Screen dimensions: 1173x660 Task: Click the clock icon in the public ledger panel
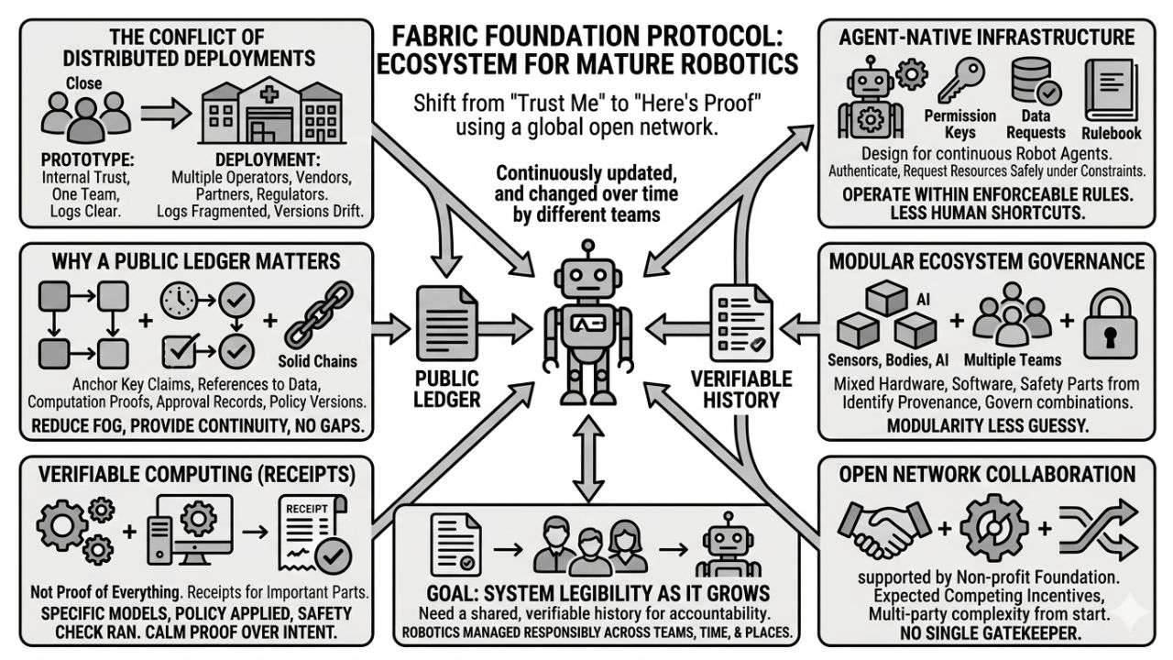[x=180, y=297]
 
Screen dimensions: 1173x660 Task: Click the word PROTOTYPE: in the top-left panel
[x=77, y=159]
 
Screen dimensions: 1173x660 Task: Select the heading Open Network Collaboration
[x=987, y=474]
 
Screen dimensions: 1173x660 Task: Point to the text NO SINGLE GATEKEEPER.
[x=987, y=632]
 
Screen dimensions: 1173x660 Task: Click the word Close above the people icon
[x=83, y=83]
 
